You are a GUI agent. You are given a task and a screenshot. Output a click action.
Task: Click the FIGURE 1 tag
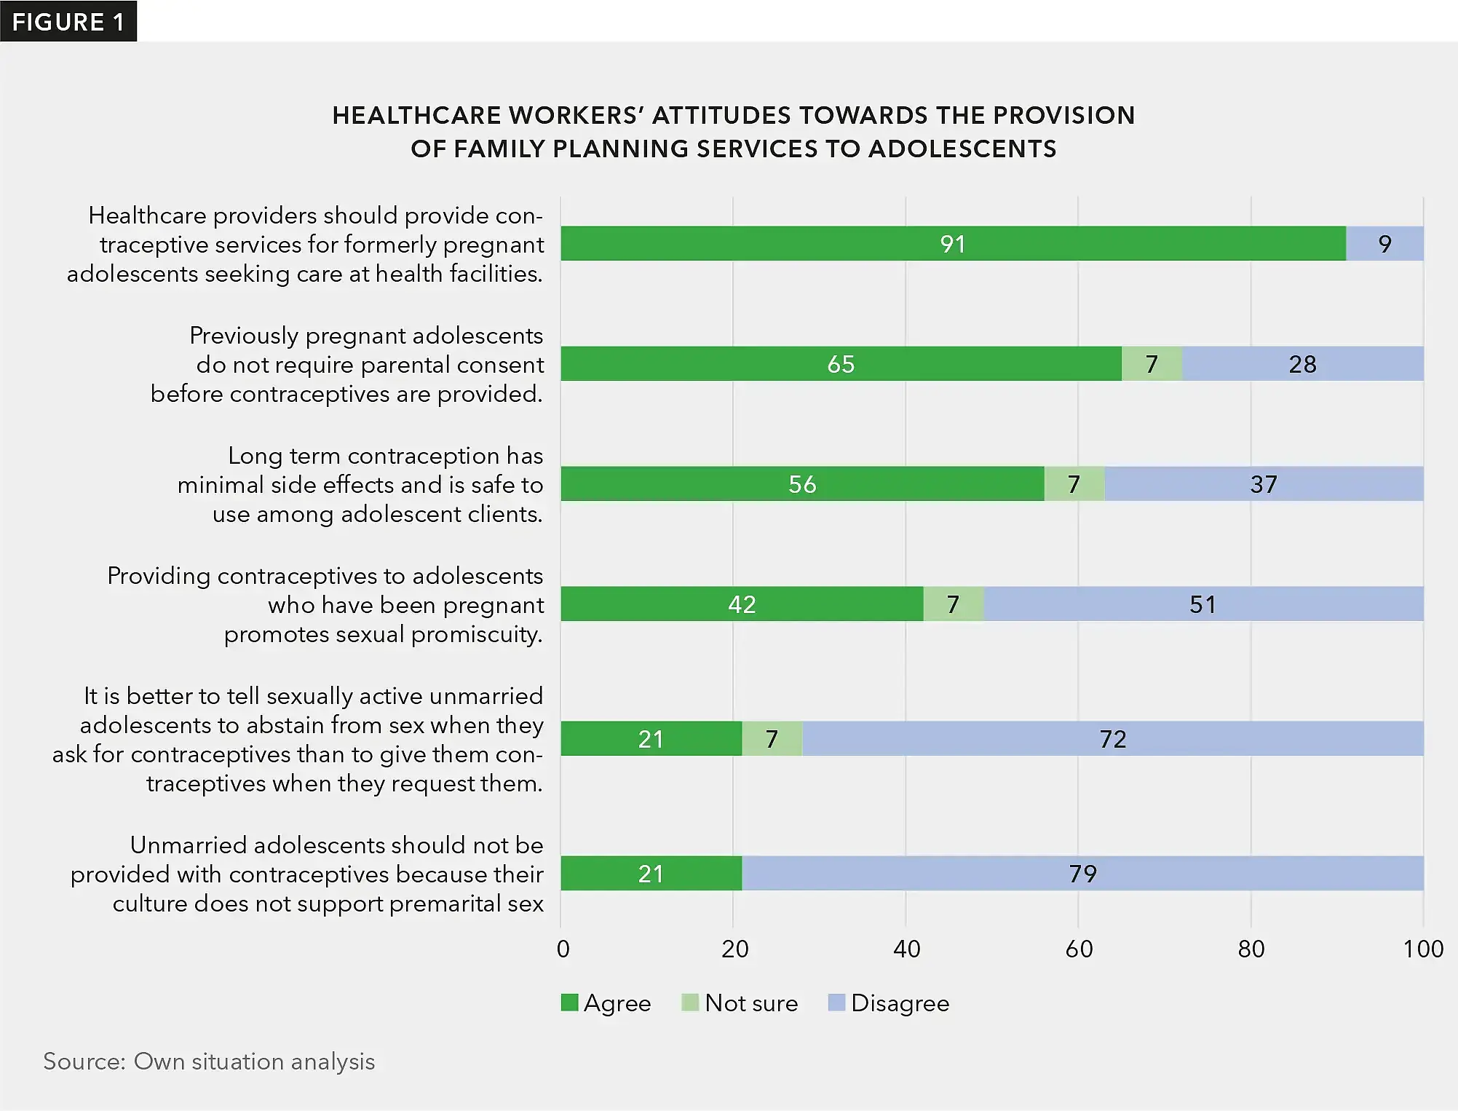(68, 22)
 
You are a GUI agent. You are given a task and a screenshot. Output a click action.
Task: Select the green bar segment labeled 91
(953, 243)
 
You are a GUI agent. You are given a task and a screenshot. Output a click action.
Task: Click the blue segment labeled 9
(1384, 243)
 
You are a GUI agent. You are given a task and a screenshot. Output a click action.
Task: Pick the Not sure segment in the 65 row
(1152, 363)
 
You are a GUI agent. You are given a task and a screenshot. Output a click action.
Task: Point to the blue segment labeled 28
(1302, 363)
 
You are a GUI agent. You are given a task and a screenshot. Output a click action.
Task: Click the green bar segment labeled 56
(802, 483)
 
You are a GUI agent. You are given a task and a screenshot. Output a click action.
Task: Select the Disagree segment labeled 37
(1264, 483)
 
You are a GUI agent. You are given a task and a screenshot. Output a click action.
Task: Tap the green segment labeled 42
(742, 604)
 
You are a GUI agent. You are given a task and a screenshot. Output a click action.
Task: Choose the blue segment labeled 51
(1203, 604)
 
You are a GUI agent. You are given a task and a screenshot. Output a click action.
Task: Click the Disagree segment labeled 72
(1112, 738)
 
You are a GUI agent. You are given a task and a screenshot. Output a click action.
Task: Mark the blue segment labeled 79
(1082, 873)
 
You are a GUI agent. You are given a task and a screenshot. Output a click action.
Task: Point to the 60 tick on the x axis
(1078, 949)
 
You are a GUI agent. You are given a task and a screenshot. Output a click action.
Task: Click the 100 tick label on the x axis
(1422, 949)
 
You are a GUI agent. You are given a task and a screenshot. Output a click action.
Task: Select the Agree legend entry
(606, 1003)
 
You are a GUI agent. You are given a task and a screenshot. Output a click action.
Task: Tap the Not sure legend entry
(740, 1003)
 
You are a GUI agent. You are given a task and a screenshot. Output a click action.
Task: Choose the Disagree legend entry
(889, 1003)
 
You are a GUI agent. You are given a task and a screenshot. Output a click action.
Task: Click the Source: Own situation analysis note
(209, 1061)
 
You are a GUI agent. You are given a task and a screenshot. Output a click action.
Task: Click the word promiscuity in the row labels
(476, 634)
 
